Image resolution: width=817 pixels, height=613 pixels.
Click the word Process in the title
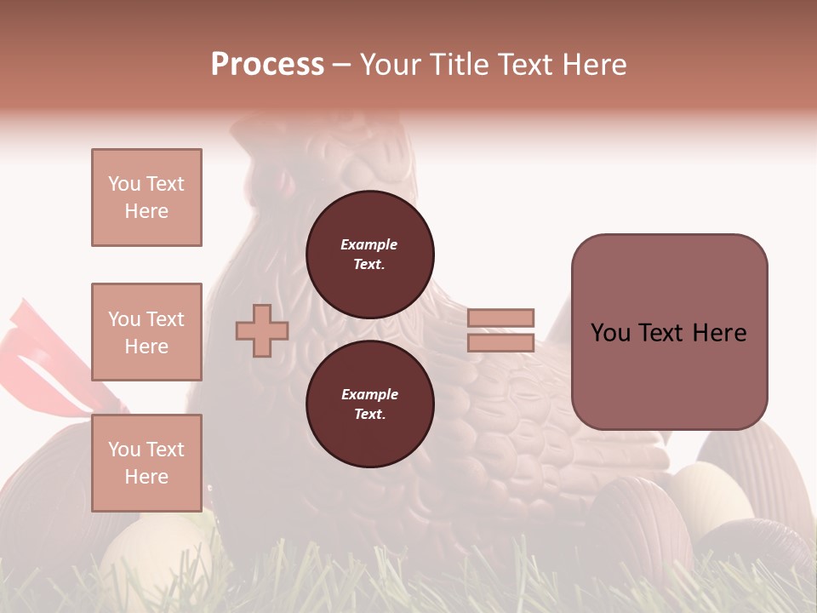coord(267,65)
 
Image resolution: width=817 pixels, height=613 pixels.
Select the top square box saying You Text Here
coord(146,198)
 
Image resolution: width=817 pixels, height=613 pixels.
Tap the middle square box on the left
coord(146,332)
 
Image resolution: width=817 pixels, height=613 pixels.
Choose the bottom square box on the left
coord(146,462)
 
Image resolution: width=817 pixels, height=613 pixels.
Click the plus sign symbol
coord(262,330)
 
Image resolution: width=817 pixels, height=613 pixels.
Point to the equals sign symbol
coord(500,330)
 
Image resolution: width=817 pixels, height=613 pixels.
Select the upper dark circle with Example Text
coord(370,255)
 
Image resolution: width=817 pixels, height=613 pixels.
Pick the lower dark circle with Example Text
coord(370,404)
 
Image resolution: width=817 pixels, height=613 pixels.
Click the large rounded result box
coord(669,332)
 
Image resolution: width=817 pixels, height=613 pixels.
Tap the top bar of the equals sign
coord(500,318)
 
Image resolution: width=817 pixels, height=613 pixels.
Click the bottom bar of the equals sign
coord(500,343)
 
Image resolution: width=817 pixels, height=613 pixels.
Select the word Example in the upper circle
coord(369,245)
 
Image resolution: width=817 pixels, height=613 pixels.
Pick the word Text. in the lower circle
coord(369,415)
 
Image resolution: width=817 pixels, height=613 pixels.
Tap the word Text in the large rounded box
coord(660,333)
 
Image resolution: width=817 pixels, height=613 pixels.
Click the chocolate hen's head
coord(340,153)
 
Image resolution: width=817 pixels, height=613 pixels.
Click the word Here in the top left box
coord(146,211)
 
